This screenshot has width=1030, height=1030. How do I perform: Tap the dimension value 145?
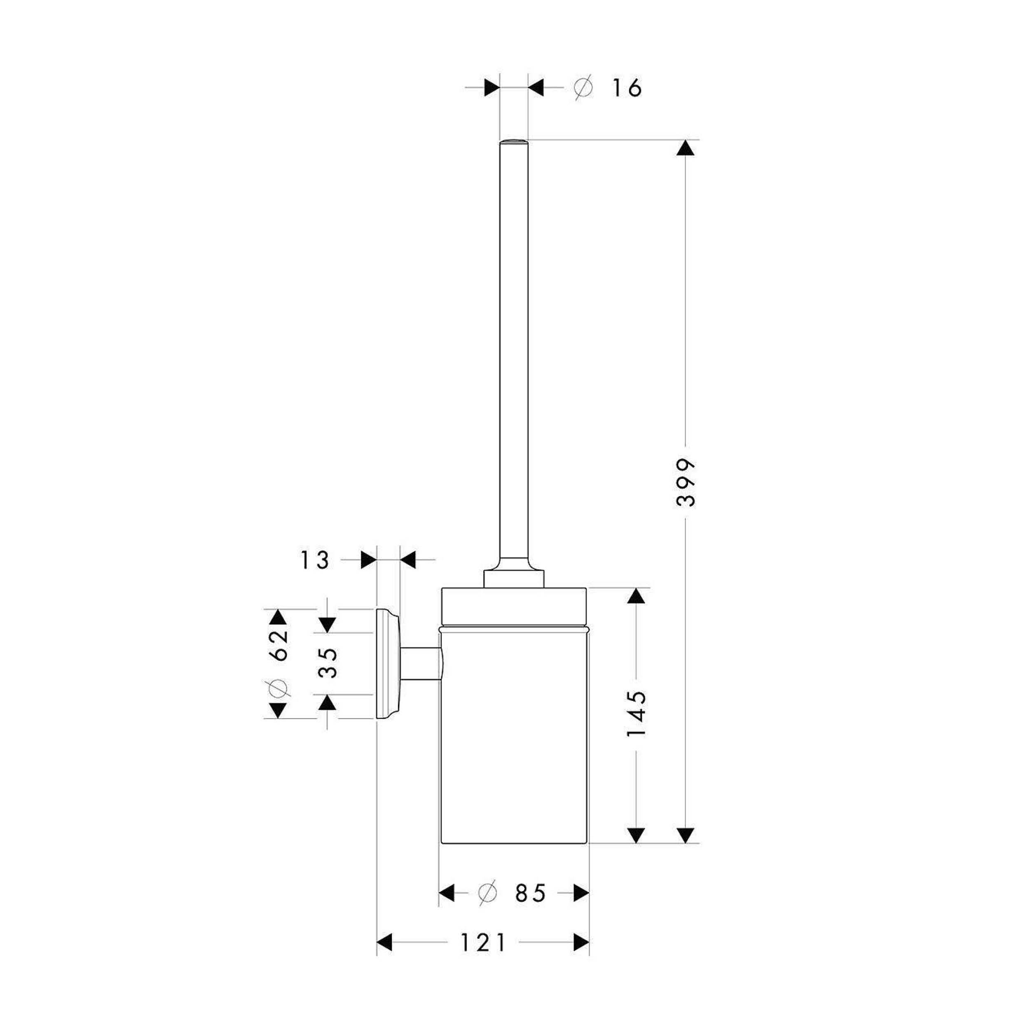(x=636, y=714)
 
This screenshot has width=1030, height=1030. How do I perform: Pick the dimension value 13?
(x=315, y=560)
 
